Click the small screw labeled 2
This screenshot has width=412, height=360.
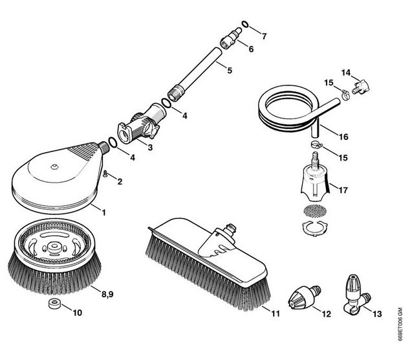[x=105, y=174]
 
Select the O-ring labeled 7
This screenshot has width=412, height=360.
[x=244, y=24]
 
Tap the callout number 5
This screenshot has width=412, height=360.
[x=230, y=71]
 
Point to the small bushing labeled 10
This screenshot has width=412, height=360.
[x=54, y=303]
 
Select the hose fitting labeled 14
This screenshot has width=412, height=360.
[x=361, y=87]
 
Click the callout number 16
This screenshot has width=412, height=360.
[x=343, y=137]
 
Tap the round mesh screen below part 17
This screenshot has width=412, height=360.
[x=315, y=210]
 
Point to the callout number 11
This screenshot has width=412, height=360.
[x=276, y=314]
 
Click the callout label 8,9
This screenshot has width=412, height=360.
[x=107, y=294]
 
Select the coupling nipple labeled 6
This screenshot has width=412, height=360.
[x=230, y=38]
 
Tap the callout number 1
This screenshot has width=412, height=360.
[x=103, y=212]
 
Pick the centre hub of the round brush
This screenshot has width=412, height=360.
[x=54, y=246]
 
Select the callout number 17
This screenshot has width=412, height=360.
[x=343, y=190]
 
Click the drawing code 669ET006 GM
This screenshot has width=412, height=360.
[x=400, y=325]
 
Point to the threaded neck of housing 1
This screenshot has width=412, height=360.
[x=104, y=148]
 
